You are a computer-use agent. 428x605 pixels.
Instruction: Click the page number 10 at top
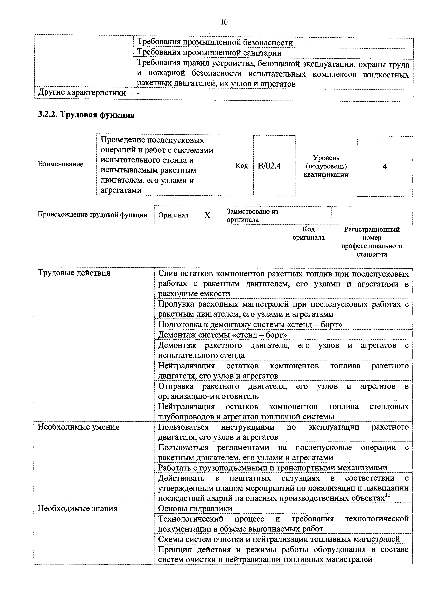224,22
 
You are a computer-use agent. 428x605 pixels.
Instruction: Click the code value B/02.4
269,166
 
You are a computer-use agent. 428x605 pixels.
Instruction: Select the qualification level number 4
385,167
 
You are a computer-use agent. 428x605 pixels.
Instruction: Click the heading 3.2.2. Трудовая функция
86,115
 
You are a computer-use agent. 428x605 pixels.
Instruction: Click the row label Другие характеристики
82,93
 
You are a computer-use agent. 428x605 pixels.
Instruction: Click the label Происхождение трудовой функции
93,215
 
